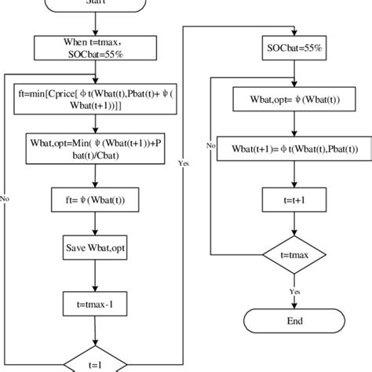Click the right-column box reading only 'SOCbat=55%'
click(x=284, y=49)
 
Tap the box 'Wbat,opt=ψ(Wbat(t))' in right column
click(x=284, y=100)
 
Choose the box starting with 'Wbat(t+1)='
click(x=284, y=149)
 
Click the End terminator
click(x=284, y=322)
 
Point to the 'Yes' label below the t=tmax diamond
click(x=295, y=290)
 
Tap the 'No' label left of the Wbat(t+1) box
click(x=211, y=146)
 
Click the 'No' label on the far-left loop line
click(x=6, y=199)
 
